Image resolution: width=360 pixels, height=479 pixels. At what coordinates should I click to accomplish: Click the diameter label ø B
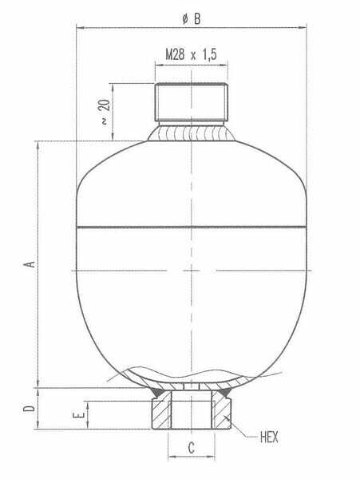tap(192, 19)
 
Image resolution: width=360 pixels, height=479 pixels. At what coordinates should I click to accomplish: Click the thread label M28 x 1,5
tap(191, 54)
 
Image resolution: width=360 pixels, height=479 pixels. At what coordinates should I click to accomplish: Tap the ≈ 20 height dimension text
tap(105, 112)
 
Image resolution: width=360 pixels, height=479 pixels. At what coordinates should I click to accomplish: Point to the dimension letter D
tap(29, 408)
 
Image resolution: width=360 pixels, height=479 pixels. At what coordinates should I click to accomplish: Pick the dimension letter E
tap(78, 415)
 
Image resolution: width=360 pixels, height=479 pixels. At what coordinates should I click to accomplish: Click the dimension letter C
tap(191, 448)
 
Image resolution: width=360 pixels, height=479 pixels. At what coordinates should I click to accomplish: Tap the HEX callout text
tap(269, 437)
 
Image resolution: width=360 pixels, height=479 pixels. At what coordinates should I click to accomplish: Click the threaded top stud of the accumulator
tap(191, 102)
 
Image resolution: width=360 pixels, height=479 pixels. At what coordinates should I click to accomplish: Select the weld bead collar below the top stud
tap(191, 132)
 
